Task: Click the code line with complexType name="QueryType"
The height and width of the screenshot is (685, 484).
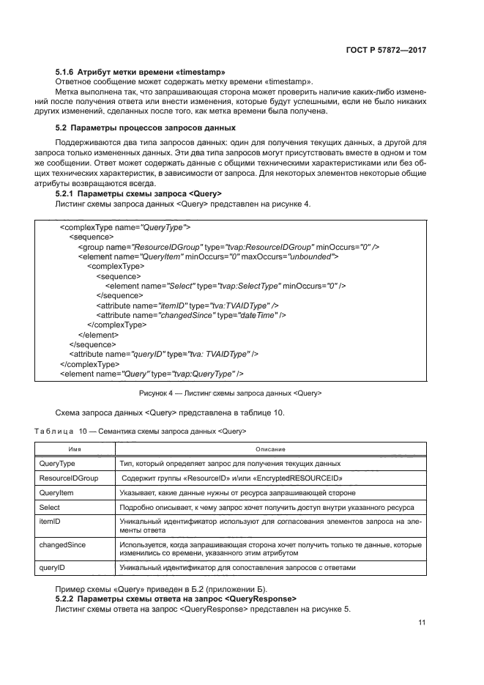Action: click(x=125, y=228)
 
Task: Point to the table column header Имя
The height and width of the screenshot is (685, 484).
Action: click(x=75, y=448)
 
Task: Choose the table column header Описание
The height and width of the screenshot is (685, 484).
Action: click(x=269, y=448)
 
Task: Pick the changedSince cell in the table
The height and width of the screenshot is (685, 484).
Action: click(x=63, y=545)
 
